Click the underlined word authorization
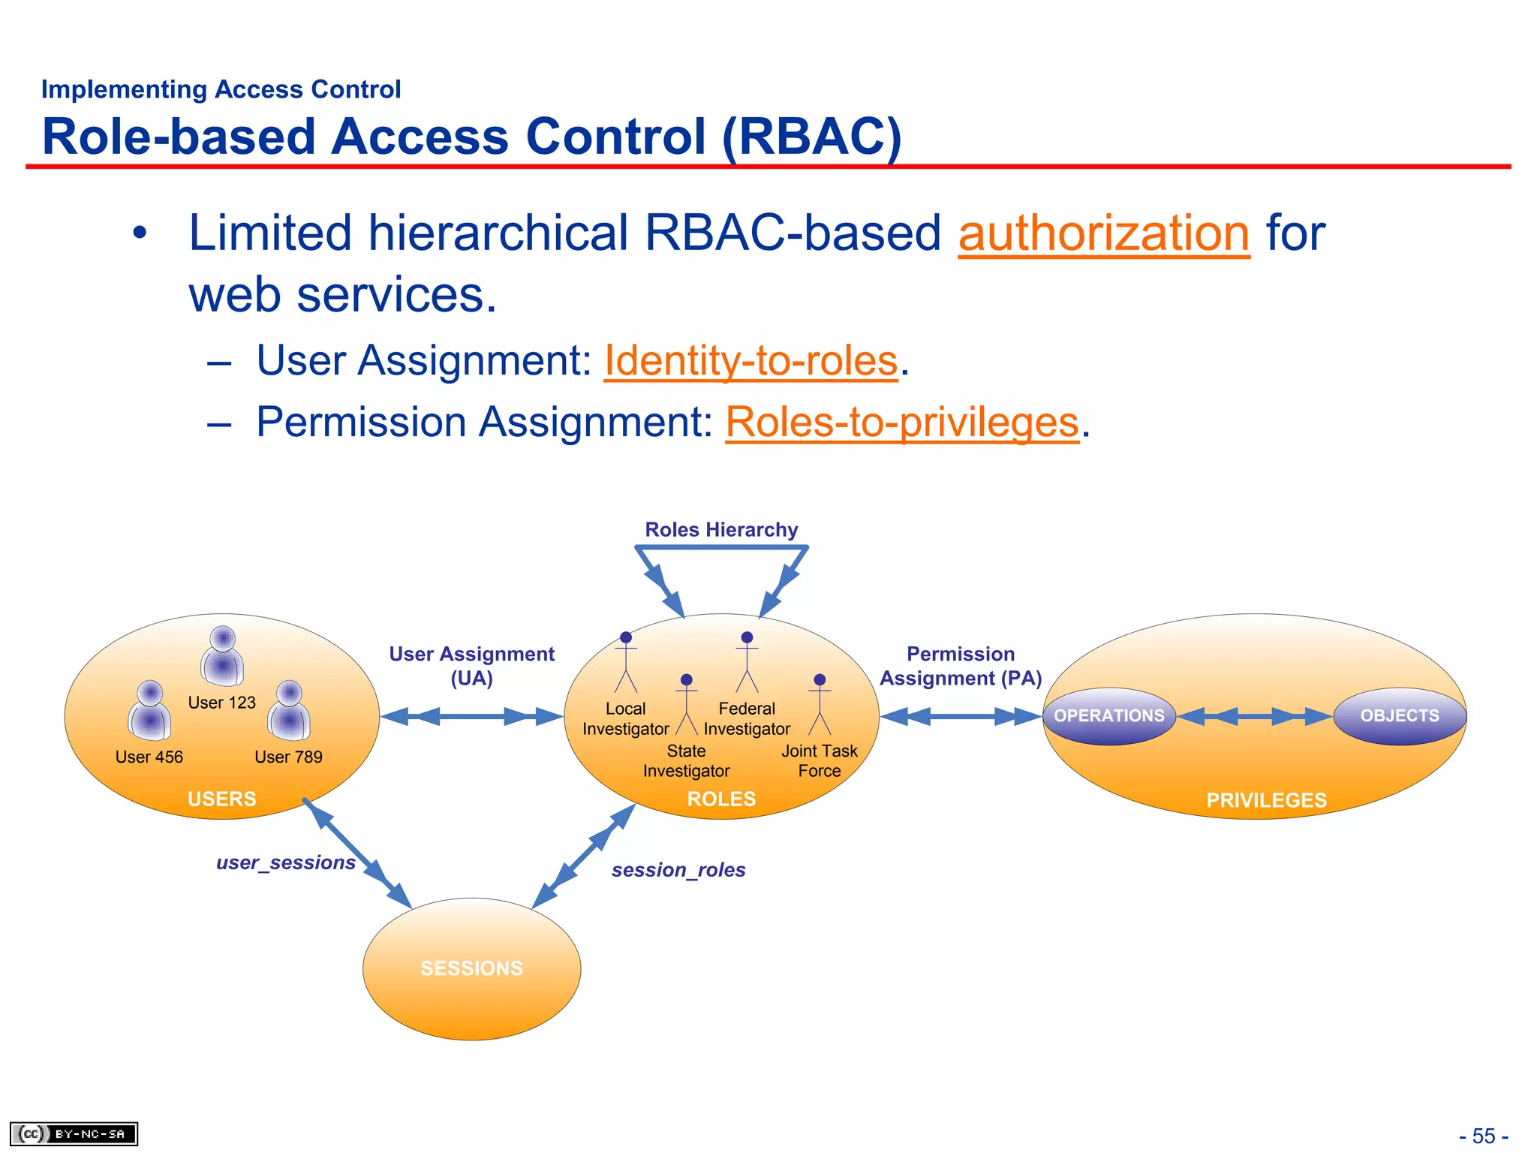click(1103, 233)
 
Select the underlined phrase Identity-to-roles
click(750, 361)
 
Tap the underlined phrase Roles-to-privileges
click(901, 423)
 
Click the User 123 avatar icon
click(222, 656)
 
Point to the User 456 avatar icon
click(149, 711)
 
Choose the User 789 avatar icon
click(289, 711)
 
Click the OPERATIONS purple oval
click(1108, 716)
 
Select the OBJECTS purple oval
click(1399, 716)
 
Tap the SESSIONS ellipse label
click(471, 968)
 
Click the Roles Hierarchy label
click(721, 530)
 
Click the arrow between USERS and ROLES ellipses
click(471, 716)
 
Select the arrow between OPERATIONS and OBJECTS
click(1254, 716)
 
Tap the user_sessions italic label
click(285, 862)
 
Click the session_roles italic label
click(678, 870)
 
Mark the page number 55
click(1484, 1136)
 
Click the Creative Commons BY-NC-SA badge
click(74, 1133)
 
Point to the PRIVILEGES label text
click(1266, 800)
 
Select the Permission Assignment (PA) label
click(961, 666)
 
